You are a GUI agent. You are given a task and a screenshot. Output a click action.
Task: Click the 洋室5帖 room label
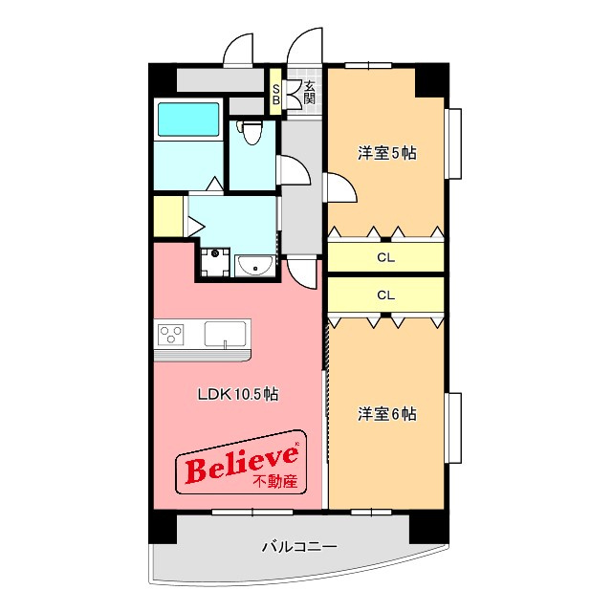(x=386, y=153)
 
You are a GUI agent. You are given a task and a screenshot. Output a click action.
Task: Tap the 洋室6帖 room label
(x=386, y=414)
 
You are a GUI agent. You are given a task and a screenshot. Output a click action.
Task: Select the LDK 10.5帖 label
(x=238, y=394)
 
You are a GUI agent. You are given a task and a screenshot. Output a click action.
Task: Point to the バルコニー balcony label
(x=299, y=546)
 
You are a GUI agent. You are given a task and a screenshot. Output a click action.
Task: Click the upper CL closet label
(x=385, y=257)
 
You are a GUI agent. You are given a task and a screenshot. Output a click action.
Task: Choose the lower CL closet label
(x=385, y=295)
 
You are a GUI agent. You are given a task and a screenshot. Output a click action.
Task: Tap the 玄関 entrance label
(x=309, y=92)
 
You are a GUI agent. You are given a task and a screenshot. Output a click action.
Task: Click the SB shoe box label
(x=275, y=94)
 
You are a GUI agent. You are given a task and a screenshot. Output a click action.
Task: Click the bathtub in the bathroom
(x=188, y=119)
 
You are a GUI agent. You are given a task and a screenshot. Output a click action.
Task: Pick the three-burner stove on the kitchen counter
(x=170, y=335)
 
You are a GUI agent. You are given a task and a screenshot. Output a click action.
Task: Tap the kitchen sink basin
(x=226, y=334)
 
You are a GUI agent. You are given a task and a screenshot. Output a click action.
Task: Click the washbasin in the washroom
(x=255, y=266)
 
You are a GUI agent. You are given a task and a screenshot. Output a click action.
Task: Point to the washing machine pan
(x=214, y=262)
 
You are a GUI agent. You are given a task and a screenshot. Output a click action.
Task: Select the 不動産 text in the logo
(x=275, y=481)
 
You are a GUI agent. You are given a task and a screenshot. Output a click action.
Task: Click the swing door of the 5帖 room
(x=340, y=187)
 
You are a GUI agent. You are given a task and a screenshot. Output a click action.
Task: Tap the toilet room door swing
(x=294, y=170)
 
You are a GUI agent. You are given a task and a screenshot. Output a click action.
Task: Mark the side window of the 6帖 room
(x=453, y=427)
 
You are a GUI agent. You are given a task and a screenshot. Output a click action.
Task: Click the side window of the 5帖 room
(x=453, y=143)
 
